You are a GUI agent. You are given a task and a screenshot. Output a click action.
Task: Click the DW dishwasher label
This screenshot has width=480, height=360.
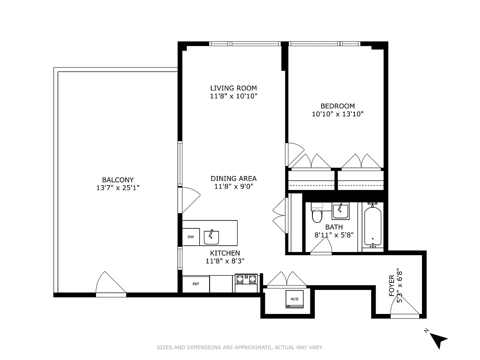191,237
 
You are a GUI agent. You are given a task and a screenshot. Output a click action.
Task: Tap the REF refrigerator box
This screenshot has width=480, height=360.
196,284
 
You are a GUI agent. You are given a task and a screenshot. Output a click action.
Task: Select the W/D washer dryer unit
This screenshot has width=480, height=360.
294,299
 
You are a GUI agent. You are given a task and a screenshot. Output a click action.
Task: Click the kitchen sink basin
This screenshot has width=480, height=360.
211,237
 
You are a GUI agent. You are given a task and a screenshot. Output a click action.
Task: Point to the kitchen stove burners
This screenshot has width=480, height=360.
246,279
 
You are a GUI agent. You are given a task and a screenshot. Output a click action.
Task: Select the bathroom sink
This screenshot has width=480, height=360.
340,211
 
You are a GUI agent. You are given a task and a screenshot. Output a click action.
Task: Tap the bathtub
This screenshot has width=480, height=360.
373,227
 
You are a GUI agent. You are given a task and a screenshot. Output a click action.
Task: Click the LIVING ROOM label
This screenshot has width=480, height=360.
234,88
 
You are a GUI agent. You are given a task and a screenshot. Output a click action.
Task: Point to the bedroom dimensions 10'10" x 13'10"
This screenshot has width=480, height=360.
338,114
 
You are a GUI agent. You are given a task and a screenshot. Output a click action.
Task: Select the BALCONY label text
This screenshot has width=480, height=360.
118,180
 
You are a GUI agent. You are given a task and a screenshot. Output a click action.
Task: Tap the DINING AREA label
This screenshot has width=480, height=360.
234,178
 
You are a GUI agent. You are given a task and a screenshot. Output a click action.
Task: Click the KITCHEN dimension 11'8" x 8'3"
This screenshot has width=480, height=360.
225,261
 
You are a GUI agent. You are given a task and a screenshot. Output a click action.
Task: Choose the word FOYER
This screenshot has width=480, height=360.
392,286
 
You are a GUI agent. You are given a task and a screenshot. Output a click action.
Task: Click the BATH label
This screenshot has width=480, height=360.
334,227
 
